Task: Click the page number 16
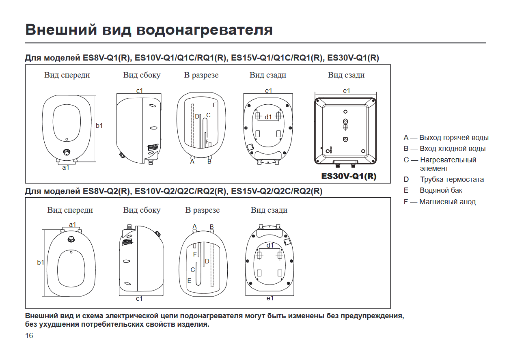29,336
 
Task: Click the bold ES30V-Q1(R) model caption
349,177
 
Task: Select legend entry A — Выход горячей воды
446,138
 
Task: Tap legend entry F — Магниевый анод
440,202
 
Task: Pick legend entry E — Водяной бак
433,190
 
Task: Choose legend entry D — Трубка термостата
444,179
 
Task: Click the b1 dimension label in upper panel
99,125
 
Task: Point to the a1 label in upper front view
66,167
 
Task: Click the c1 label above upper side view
140,91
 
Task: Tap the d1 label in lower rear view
270,245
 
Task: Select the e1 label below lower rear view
270,298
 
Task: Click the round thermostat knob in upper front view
67,152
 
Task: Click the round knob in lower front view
71,239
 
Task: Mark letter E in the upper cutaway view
214,105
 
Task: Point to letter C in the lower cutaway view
193,269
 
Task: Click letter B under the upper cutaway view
209,162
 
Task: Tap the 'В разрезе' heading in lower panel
202,210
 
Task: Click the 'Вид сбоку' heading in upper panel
142,75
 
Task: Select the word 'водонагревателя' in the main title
204,30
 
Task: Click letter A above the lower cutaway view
194,226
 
